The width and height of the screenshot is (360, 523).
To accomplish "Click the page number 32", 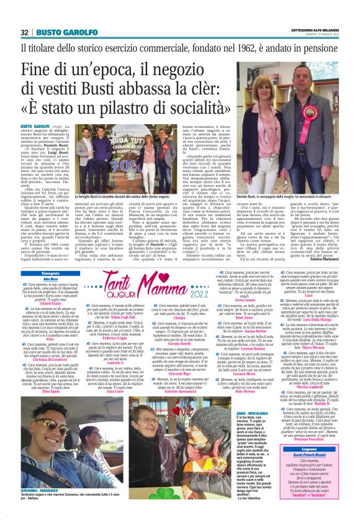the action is coord(24,32).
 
